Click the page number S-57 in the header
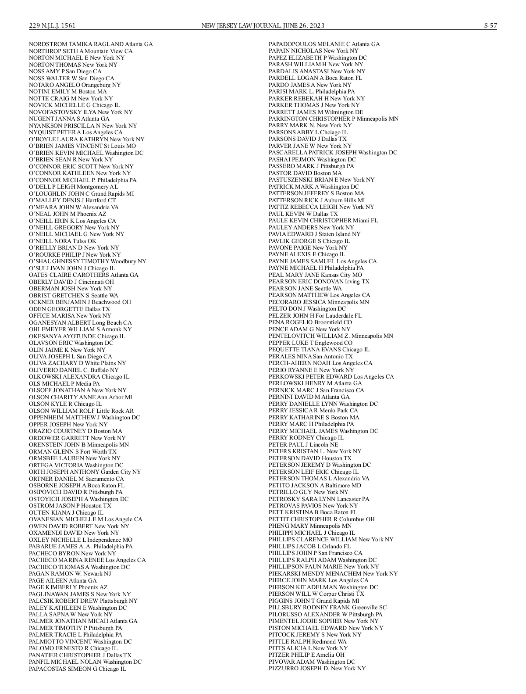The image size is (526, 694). [x=490, y=25]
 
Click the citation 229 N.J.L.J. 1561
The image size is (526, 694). [x=52, y=25]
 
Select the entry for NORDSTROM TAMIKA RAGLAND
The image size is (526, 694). [x=91, y=44]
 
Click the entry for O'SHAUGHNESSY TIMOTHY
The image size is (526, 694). [x=88, y=261]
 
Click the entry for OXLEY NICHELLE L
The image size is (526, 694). [x=80, y=540]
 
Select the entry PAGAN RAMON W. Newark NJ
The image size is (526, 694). [x=70, y=573]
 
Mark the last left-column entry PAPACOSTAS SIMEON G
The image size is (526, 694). [x=77, y=669]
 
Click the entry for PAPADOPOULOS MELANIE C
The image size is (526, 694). [x=324, y=44]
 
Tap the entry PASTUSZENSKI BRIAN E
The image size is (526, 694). [x=321, y=179]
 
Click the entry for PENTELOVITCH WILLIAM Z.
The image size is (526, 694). [x=331, y=336]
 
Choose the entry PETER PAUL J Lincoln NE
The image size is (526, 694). [x=303, y=444]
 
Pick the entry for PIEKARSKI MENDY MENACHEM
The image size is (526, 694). [x=333, y=573]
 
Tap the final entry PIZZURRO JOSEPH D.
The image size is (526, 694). [x=316, y=669]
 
